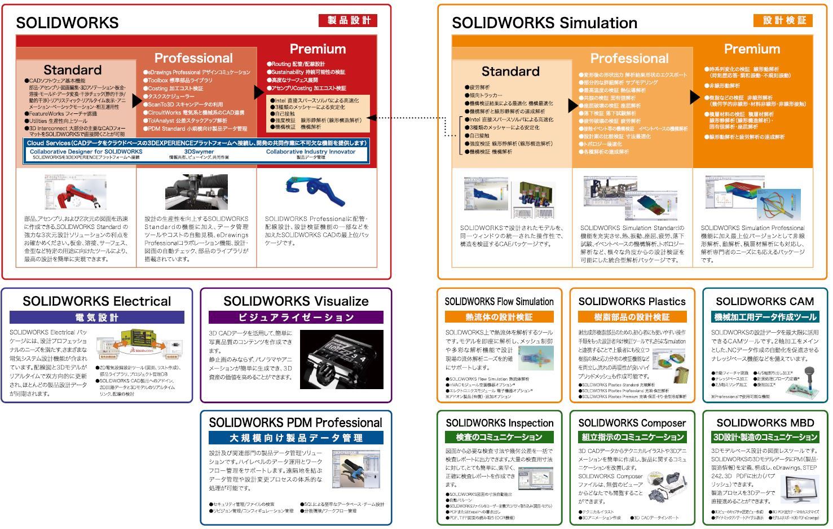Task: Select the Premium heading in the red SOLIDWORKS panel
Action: (x=318, y=49)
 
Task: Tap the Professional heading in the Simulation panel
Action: (x=629, y=59)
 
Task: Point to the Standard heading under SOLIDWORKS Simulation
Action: (x=510, y=72)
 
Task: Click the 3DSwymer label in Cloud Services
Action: (x=199, y=152)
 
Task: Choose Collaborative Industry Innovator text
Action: (x=311, y=152)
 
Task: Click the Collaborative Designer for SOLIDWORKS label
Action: (x=86, y=152)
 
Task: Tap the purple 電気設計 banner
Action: (x=97, y=318)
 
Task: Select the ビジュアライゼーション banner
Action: (x=296, y=318)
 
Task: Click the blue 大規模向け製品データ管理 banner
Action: (x=296, y=438)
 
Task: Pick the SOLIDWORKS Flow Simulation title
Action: (x=499, y=302)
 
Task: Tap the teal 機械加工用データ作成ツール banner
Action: (x=765, y=317)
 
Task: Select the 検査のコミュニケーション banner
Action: (x=499, y=437)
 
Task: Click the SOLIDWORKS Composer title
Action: (x=632, y=423)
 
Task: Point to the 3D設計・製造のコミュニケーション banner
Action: (x=765, y=437)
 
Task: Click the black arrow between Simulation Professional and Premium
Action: (x=695, y=97)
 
